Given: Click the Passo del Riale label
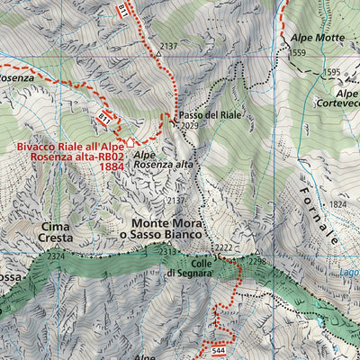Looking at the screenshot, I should point(211,116).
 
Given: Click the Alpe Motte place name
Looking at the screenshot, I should point(318,38).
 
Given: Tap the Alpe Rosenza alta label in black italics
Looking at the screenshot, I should point(163,158).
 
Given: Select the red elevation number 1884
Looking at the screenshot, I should point(112,166).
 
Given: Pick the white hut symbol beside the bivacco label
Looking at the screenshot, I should point(130,140).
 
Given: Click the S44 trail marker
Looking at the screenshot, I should point(220,338).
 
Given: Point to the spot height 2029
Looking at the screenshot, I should point(189,127).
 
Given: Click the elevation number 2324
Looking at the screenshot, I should point(56,257).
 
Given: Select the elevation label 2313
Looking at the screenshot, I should point(168,252).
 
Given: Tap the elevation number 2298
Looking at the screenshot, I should point(257,262).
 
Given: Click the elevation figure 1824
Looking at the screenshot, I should point(338,205).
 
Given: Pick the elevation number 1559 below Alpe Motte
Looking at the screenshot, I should point(298,53).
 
